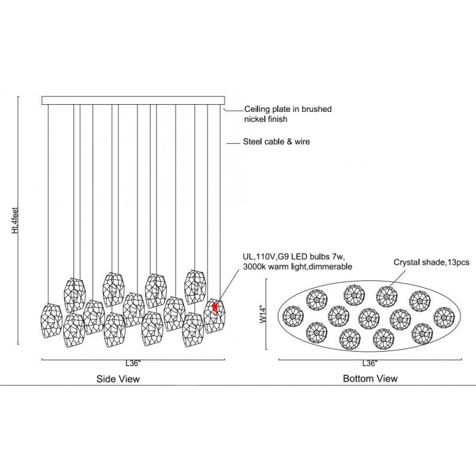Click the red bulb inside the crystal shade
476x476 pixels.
214,308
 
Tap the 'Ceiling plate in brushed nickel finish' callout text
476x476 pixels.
284,114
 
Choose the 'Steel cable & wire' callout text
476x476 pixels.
277,143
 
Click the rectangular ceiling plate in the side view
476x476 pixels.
134,101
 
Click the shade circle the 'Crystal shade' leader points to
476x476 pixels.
386,295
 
